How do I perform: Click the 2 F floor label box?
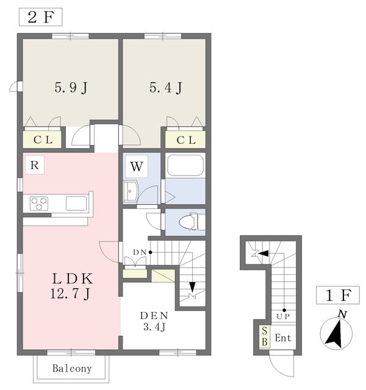[x=41, y=17]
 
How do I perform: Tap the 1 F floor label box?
[x=338, y=295]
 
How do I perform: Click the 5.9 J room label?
[x=71, y=88]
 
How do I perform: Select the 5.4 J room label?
[x=166, y=88]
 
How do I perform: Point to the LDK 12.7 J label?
[x=71, y=286]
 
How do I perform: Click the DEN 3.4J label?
[x=154, y=321]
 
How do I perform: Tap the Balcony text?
[x=72, y=368]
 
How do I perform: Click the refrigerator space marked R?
[x=35, y=165]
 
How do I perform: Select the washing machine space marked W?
[x=137, y=166]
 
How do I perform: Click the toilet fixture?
[x=192, y=221]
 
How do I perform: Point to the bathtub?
[x=185, y=165]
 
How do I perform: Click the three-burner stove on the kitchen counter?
[x=39, y=204]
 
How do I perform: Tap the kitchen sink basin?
[x=76, y=203]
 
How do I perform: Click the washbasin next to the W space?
[x=131, y=191]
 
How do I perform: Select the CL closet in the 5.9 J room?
[x=42, y=140]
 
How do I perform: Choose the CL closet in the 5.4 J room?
[x=185, y=140]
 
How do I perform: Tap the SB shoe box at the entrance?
[x=264, y=336]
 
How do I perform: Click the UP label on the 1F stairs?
[x=283, y=317]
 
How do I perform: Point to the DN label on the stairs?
[x=140, y=252]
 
